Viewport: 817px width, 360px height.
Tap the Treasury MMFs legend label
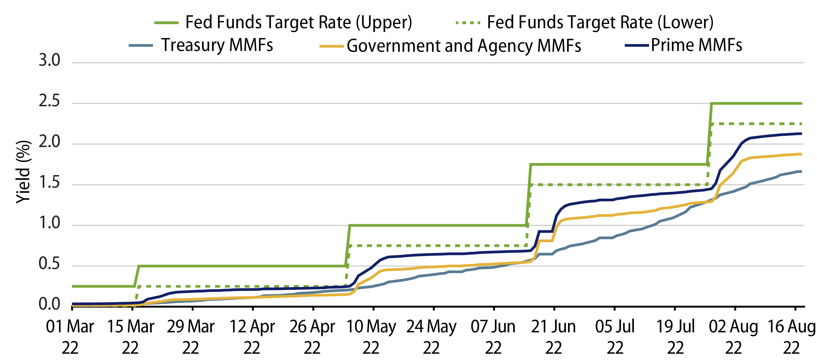[x=217, y=45]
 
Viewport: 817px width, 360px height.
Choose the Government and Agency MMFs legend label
[x=464, y=46]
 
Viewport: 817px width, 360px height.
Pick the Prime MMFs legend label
[x=696, y=45]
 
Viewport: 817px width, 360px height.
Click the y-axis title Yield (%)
[x=24, y=172]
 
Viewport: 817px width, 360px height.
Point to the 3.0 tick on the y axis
[x=49, y=60]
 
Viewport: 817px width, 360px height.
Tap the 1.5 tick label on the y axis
[x=49, y=183]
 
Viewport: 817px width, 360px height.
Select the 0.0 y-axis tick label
[x=49, y=305]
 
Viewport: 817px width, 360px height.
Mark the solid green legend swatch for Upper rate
[x=166, y=23]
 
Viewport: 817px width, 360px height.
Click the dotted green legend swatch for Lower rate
[x=468, y=23]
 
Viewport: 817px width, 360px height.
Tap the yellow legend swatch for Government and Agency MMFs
[x=331, y=46]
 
